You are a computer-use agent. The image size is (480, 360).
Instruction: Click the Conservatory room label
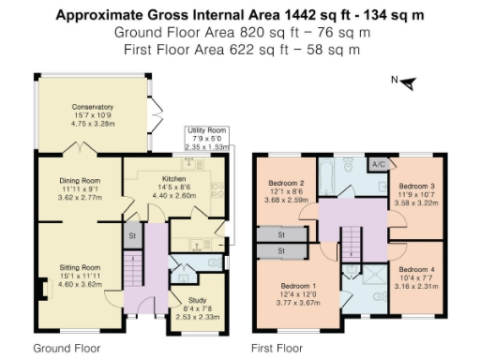(92, 107)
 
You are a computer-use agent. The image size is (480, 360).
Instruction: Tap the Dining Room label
(79, 182)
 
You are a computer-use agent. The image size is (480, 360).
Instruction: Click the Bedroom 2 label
(287, 183)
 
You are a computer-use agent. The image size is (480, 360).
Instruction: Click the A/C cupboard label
(380, 164)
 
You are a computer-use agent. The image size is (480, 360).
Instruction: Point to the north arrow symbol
(406, 83)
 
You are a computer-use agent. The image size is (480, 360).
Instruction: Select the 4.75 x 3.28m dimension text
(92, 123)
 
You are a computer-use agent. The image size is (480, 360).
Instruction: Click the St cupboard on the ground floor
(133, 235)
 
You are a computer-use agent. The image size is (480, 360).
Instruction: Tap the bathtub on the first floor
(332, 176)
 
